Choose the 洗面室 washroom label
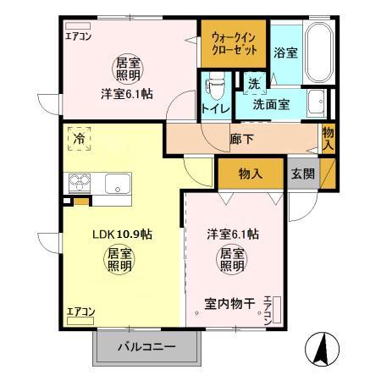click(x=271, y=106)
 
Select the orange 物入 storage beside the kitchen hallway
click(x=250, y=173)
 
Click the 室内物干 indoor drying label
click(x=229, y=302)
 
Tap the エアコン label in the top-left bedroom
click(x=80, y=36)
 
